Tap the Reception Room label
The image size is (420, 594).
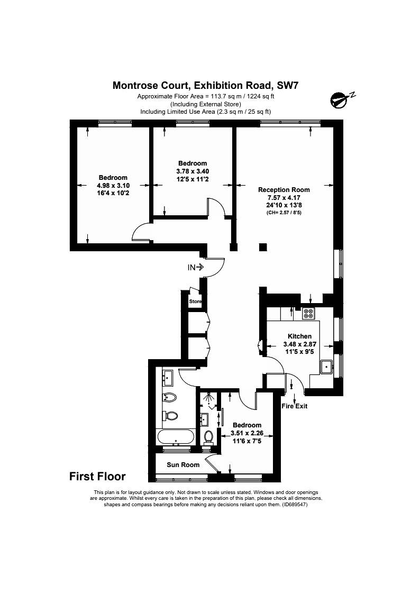[284, 190]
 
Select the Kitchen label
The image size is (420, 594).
[299, 336]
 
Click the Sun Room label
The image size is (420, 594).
[183, 465]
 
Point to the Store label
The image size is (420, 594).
[195, 301]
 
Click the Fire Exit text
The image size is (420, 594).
[295, 406]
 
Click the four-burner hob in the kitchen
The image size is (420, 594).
[308, 313]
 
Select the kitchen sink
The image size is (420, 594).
[326, 367]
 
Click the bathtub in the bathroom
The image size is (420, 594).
[175, 437]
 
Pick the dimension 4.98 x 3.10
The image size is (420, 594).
[113, 186]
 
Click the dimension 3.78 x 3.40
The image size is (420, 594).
[193, 171]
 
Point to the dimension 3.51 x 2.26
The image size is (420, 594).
[247, 433]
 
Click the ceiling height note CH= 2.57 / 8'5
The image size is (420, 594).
[284, 213]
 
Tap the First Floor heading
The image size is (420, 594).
[97, 476]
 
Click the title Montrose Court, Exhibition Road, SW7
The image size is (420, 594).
[206, 85]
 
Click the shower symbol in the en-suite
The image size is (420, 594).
[208, 399]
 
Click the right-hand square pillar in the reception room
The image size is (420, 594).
[263, 248]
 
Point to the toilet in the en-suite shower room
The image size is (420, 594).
[208, 437]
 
